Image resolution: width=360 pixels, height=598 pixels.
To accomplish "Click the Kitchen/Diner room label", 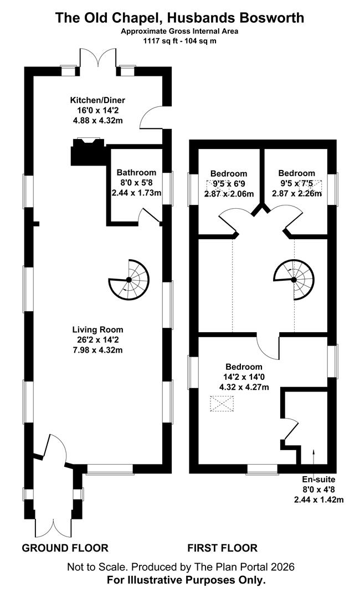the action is (97, 101).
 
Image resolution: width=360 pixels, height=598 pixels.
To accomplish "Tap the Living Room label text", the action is (97, 330).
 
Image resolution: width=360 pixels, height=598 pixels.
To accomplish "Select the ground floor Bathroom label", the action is (137, 172).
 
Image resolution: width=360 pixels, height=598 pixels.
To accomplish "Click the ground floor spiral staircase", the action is (129, 280).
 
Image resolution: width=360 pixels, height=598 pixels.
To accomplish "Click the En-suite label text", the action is (319, 480).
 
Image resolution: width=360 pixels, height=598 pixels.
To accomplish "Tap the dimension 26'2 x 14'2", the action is (97, 339).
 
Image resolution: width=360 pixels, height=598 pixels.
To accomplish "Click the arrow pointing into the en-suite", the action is (314, 456).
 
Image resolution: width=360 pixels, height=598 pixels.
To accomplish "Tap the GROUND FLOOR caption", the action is (65, 548).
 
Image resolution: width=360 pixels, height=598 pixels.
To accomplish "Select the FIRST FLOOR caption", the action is (222, 548).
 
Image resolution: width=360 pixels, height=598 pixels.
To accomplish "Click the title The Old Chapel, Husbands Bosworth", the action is (179, 18).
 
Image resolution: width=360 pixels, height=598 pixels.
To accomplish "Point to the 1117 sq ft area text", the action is (156, 41).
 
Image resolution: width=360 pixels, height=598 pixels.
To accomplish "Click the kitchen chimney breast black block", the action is (88, 152).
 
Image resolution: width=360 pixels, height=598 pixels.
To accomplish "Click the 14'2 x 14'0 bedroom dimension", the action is (244, 377).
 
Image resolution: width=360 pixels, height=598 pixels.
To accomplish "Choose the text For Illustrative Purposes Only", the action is (186, 580).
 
